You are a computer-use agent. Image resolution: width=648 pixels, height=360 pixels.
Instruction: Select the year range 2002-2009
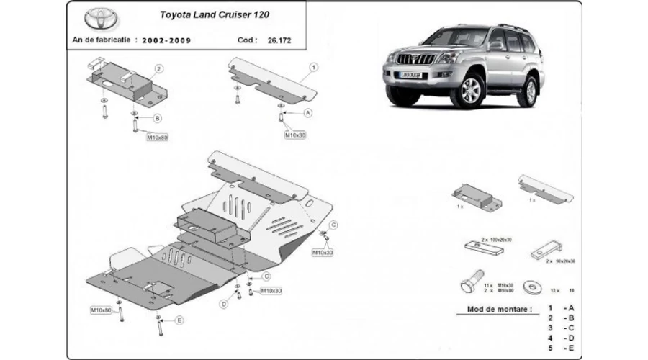click(167, 40)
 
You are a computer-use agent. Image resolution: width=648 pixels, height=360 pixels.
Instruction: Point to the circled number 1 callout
click(314, 68)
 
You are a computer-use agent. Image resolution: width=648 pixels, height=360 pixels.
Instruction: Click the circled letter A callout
click(308, 113)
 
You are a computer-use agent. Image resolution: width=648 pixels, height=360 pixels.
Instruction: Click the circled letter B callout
click(157, 118)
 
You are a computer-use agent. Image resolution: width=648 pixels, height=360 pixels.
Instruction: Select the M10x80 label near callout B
click(157, 136)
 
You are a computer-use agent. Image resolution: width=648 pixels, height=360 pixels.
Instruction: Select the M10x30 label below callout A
click(295, 135)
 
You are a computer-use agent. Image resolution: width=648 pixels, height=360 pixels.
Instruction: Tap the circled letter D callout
click(224, 304)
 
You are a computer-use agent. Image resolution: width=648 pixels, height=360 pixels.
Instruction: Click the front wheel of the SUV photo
click(472, 92)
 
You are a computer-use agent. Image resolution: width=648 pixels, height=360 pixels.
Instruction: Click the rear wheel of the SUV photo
click(530, 90)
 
